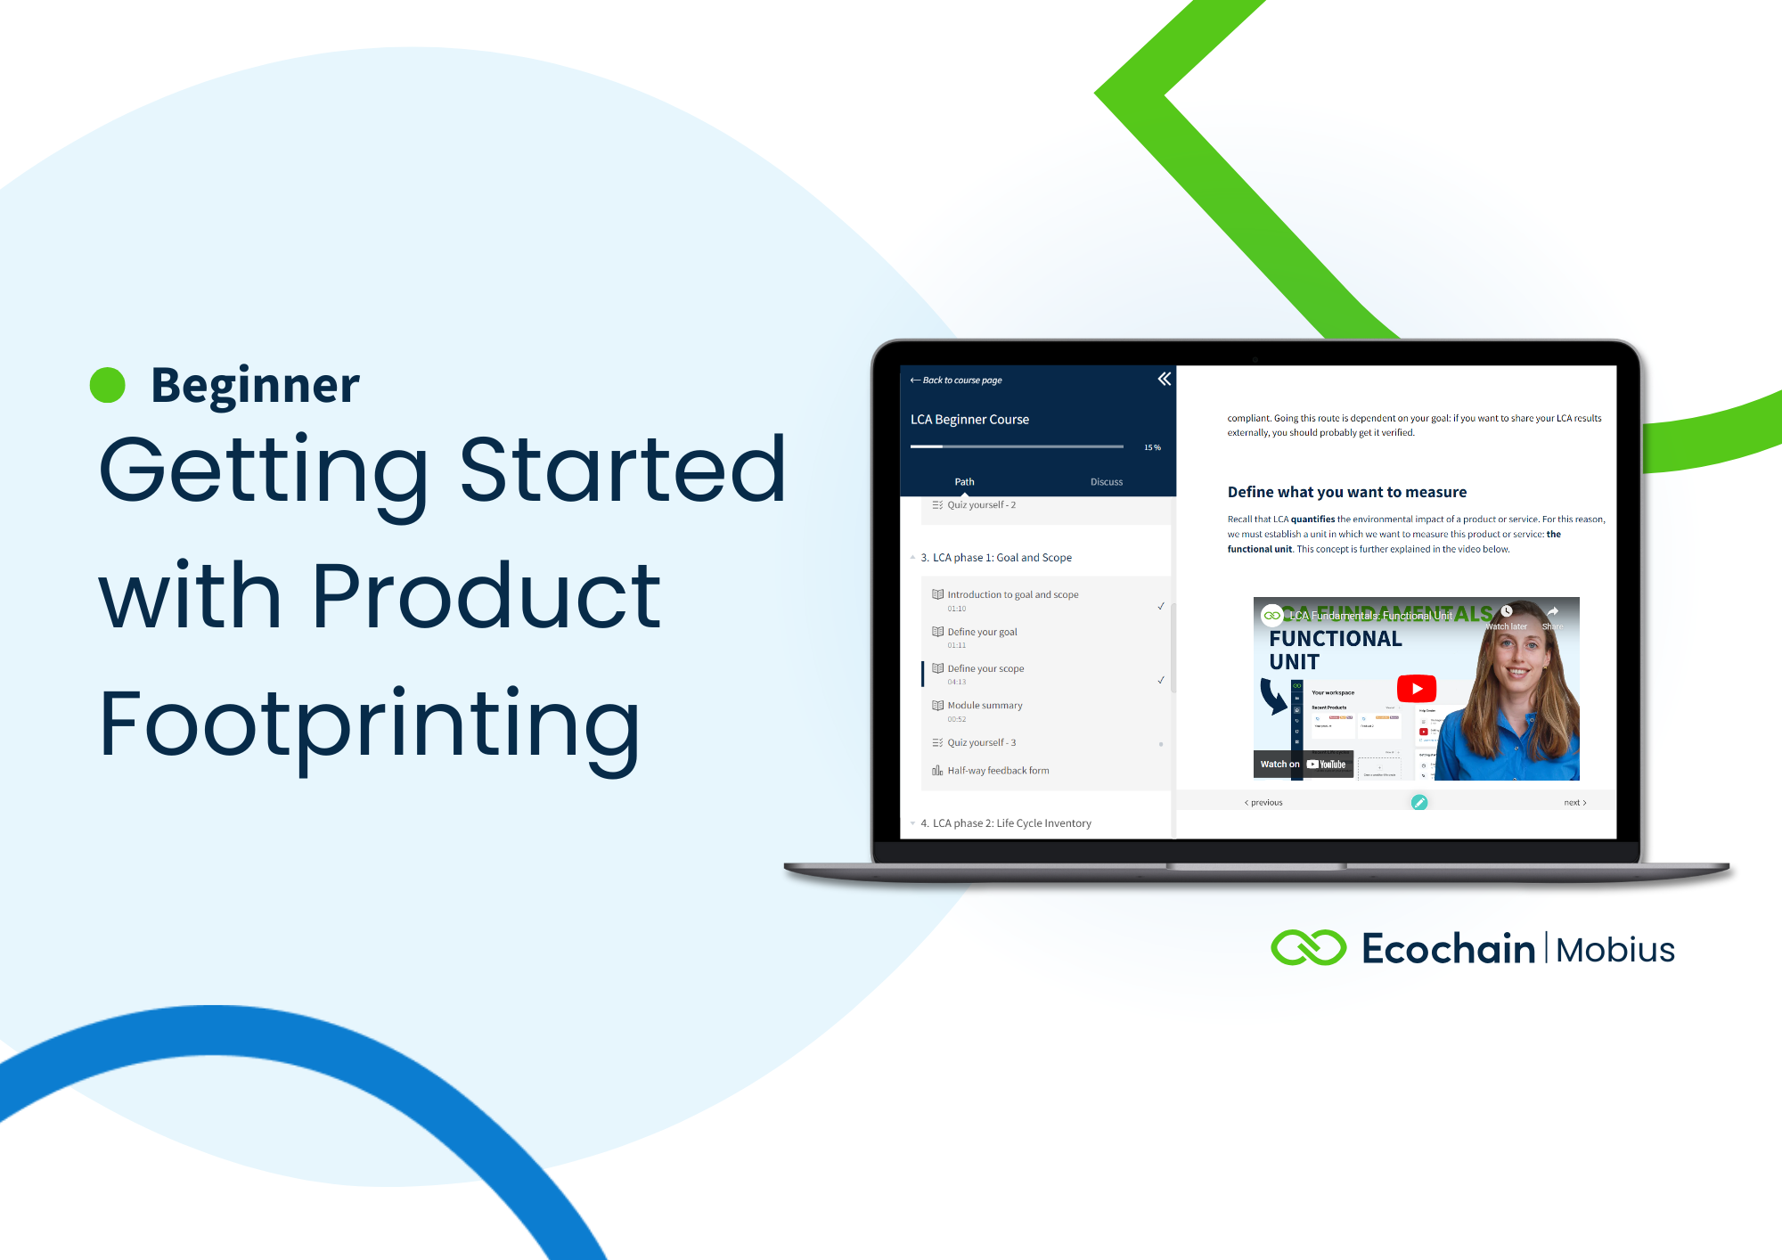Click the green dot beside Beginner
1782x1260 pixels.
[108, 385]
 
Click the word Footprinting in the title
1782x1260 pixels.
[370, 724]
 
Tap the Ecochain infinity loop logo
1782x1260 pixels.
[1308, 948]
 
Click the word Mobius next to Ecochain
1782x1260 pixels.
[1614, 950]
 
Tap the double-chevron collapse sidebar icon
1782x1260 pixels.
[1164, 380]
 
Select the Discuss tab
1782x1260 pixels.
[1106, 482]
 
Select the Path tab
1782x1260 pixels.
[964, 482]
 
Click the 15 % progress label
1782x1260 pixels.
[1152, 447]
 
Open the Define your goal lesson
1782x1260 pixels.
[982, 632]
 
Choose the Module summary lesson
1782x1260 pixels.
[985, 706]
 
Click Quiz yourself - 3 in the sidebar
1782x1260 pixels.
[981, 742]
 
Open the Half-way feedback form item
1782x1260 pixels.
[998, 771]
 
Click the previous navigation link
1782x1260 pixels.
[1264, 803]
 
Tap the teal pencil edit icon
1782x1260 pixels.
[1419, 803]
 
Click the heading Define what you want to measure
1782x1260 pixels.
[1346, 492]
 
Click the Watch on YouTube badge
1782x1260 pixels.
[1303, 765]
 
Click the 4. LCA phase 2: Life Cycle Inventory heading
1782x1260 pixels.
[1011, 823]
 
